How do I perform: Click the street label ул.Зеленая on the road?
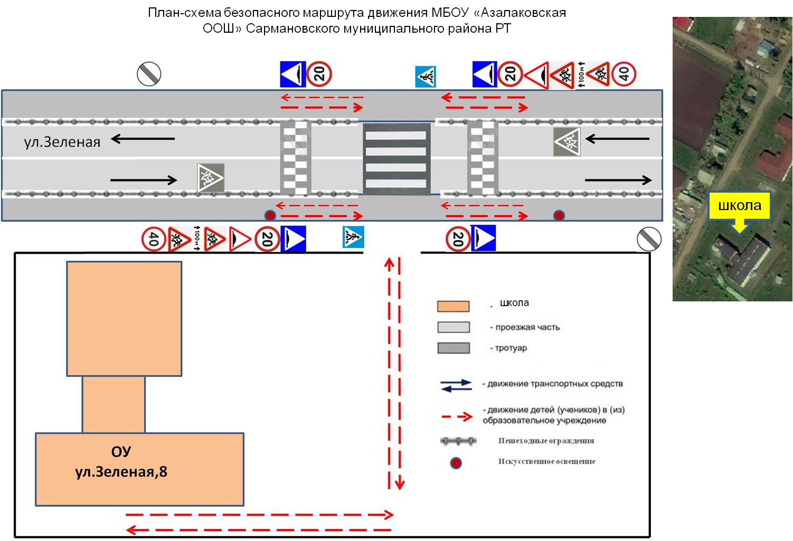point(62,142)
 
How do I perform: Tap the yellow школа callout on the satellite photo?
point(739,205)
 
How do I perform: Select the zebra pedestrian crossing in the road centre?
point(396,159)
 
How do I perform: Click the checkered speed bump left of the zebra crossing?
point(296,157)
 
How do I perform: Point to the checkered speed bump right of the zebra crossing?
point(483,157)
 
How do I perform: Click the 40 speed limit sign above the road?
point(624,74)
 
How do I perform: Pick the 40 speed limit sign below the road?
point(154,239)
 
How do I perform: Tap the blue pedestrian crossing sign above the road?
point(426,77)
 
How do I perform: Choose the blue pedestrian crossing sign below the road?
point(353,238)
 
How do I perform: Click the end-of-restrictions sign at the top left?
point(149,74)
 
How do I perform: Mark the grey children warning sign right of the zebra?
point(567,141)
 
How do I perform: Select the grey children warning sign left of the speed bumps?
point(211,177)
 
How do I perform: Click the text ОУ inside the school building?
point(121,452)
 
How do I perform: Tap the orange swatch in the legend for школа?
point(453,306)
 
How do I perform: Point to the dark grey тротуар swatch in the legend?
point(453,348)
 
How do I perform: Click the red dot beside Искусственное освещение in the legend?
point(456,463)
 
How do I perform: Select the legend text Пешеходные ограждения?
point(546,441)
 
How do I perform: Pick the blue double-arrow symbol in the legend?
point(456,385)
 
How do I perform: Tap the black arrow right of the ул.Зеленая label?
point(143,139)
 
